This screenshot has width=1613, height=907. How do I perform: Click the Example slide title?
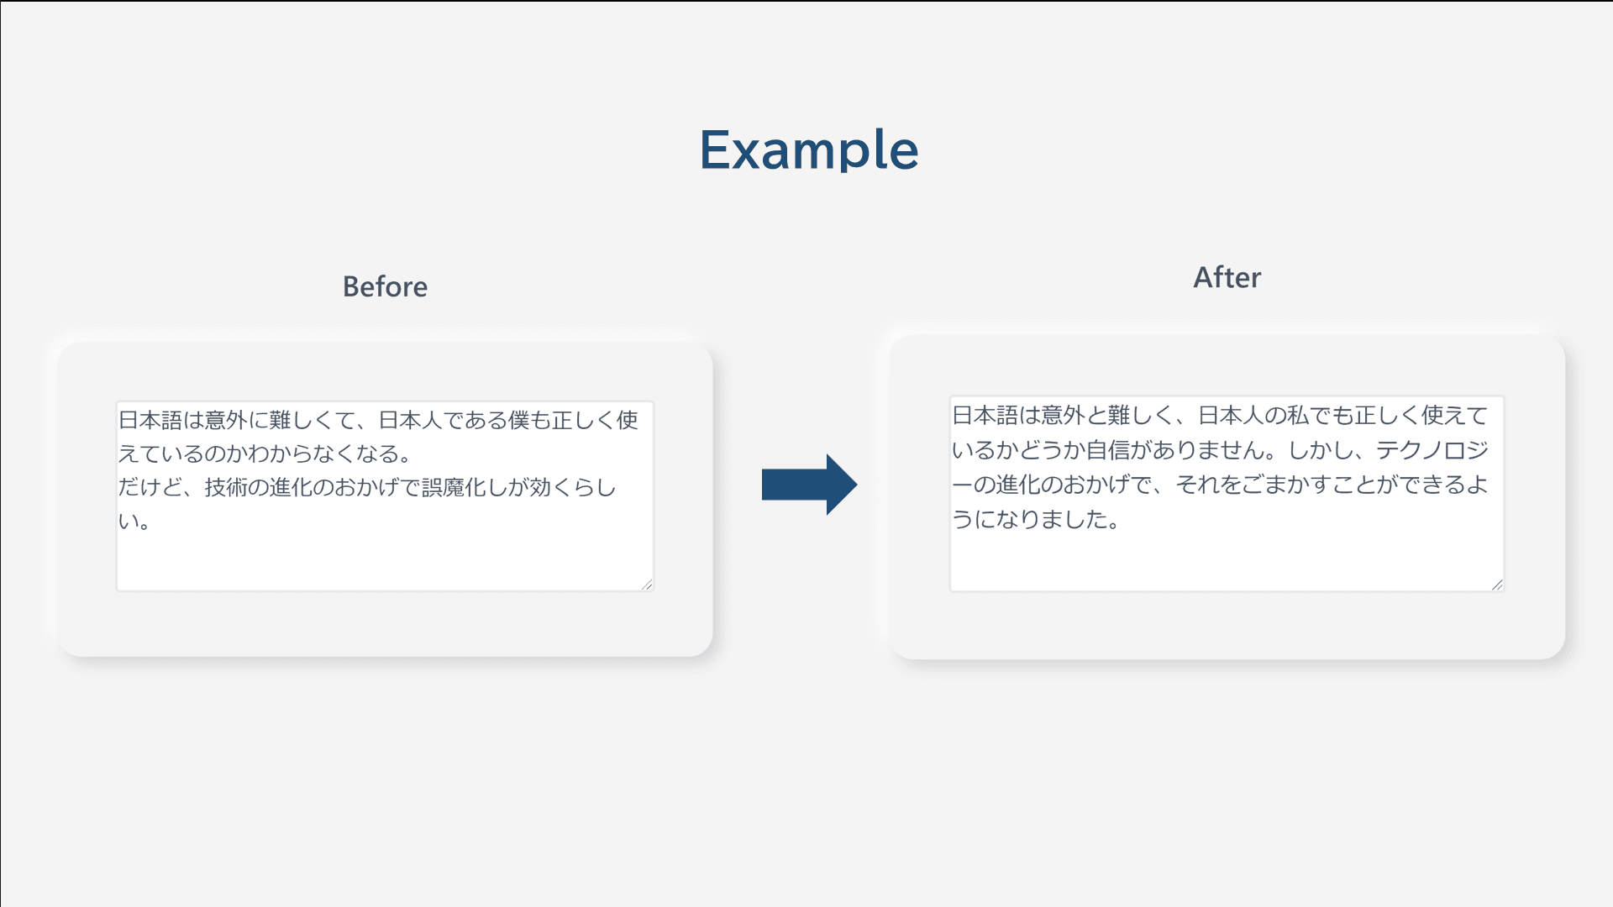tap(809, 150)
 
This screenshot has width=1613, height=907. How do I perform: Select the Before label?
tap(385, 287)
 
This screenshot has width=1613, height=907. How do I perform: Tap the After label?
tap(1227, 277)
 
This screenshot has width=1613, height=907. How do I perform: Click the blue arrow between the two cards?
tap(809, 485)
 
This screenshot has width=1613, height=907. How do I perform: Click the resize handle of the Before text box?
tap(647, 585)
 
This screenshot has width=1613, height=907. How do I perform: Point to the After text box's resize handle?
tap(1497, 585)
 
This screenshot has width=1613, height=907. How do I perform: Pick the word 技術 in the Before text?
tap(226, 487)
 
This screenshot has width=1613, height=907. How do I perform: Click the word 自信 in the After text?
tap(1108, 450)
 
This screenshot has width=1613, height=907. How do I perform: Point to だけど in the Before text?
tap(150, 487)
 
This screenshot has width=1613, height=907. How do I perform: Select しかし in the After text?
tap(1320, 450)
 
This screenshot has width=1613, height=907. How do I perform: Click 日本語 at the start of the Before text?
tap(150, 420)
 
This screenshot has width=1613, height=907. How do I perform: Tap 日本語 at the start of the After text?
tap(985, 415)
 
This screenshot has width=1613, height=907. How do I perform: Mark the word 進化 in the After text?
tap(1018, 485)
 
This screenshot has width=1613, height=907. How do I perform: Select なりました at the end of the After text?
tap(1052, 519)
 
